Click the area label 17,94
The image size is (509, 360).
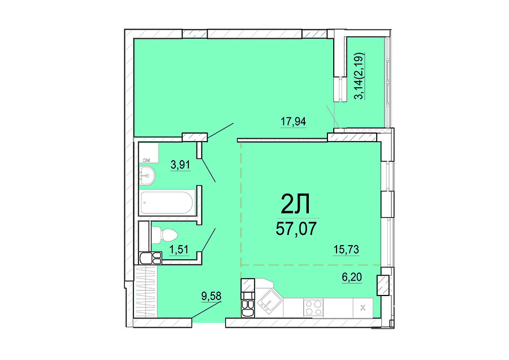[x=293, y=122]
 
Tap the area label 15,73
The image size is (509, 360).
[x=346, y=250]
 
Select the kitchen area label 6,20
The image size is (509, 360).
[x=352, y=277]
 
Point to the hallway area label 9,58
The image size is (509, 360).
[x=211, y=296]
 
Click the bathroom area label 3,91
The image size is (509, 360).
[x=180, y=165]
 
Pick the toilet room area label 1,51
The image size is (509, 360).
[x=179, y=250]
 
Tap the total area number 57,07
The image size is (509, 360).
[x=296, y=229]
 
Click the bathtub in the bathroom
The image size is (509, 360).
[x=167, y=203]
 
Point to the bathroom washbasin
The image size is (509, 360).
[x=148, y=176]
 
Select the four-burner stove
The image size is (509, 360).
[x=313, y=307]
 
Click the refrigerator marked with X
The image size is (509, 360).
[x=363, y=307]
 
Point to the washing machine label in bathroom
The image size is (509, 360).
[x=146, y=160]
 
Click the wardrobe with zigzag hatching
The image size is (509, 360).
[x=146, y=291]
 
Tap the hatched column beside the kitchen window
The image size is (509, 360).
[x=383, y=285]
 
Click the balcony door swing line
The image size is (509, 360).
[x=333, y=115]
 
